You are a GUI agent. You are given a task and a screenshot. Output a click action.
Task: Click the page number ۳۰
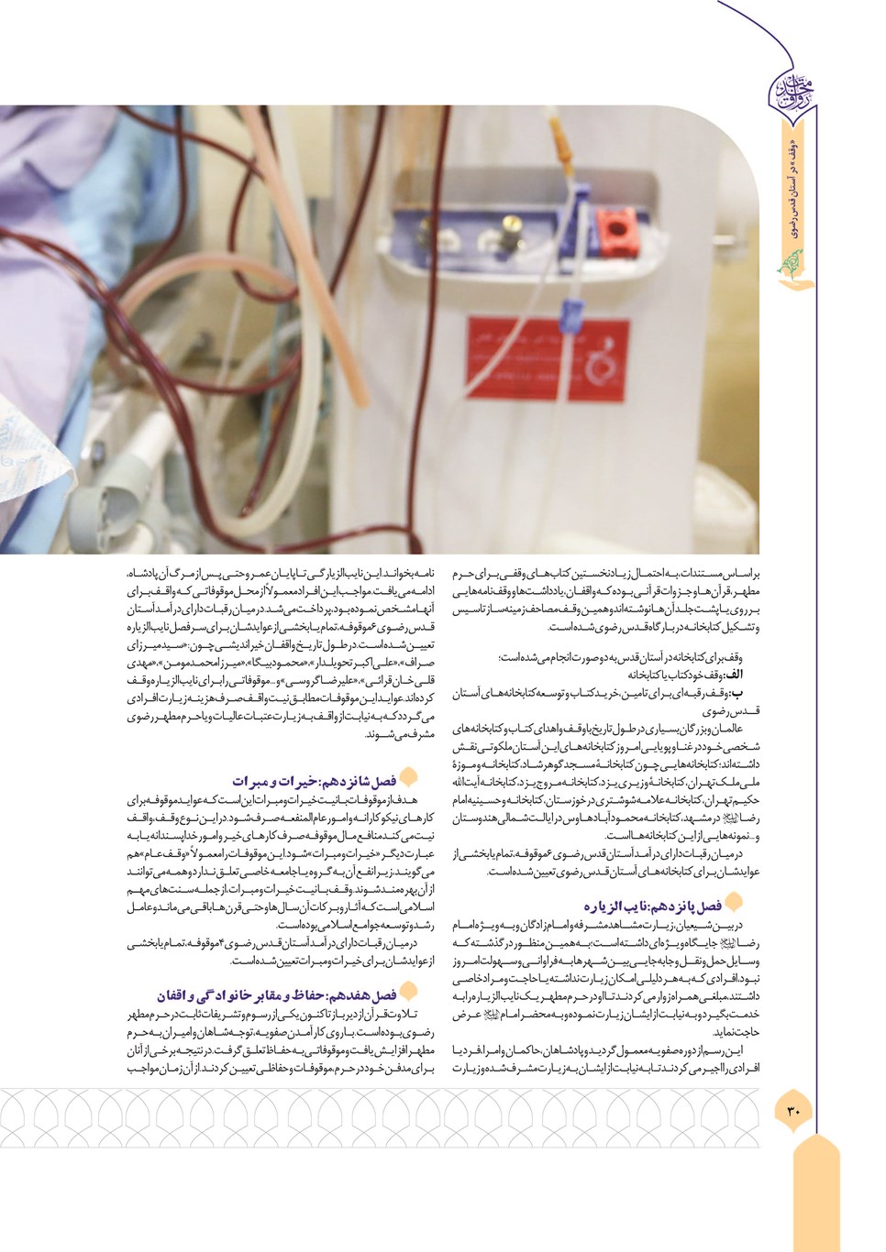(793, 1111)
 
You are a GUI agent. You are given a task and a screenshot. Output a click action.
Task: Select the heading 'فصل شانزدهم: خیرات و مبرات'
(314, 781)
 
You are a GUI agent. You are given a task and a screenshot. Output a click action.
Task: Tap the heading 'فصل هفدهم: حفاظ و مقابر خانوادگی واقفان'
(277, 995)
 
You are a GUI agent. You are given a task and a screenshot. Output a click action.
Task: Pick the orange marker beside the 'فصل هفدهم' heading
(409, 992)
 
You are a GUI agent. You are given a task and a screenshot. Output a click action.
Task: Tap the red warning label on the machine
(546, 358)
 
